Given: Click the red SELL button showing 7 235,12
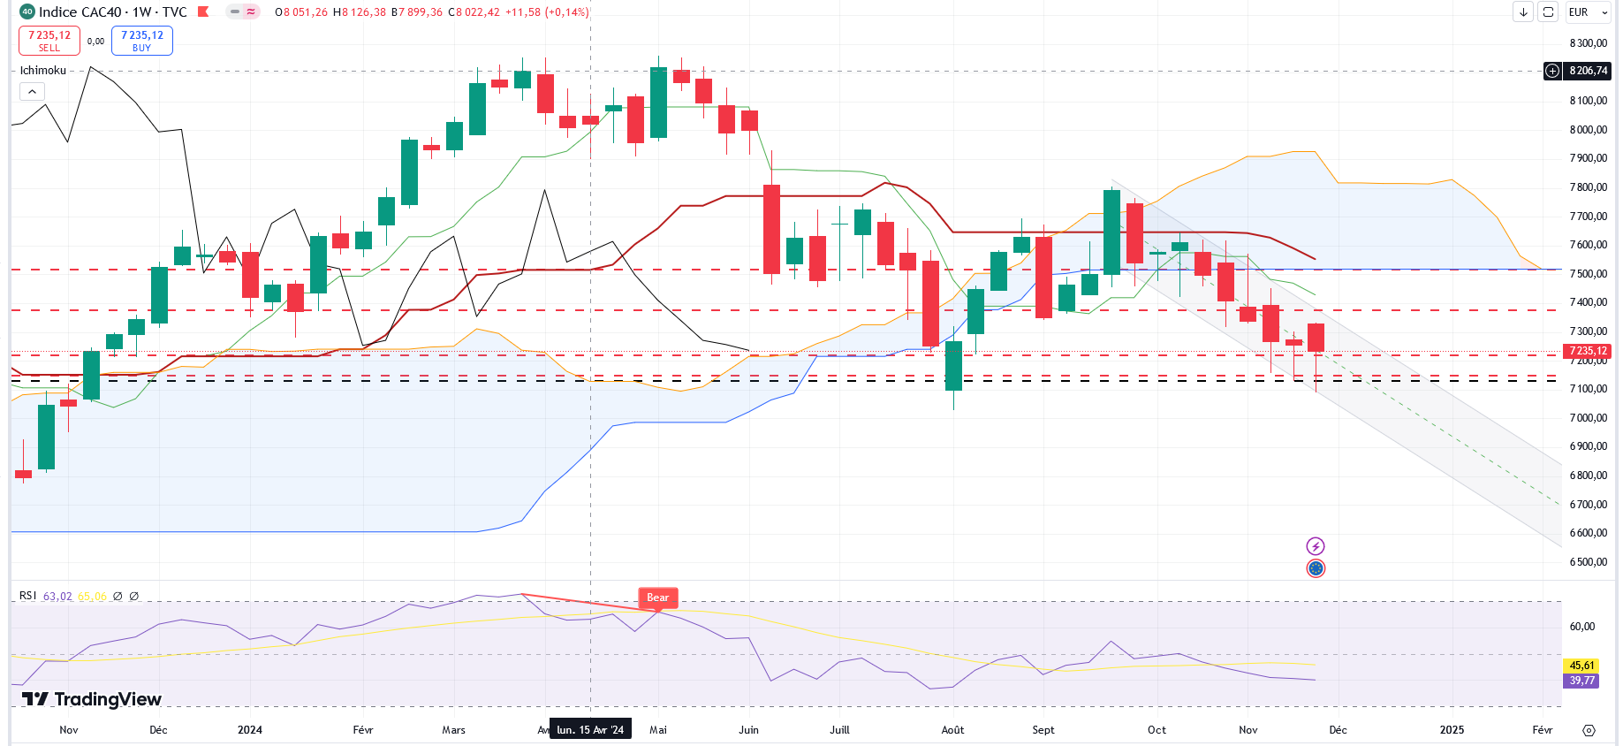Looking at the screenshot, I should click(49, 41).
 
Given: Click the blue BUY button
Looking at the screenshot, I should click(141, 41).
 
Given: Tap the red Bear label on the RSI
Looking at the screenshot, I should click(657, 598).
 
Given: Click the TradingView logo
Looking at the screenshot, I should click(92, 699).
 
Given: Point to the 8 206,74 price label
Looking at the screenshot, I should click(1588, 71).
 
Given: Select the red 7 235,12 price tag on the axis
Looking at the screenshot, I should click(1588, 351).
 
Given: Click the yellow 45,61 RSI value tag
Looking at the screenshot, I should click(1581, 666).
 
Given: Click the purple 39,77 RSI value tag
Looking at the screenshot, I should click(1581, 681).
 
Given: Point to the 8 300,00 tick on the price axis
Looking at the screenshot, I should click(1588, 43).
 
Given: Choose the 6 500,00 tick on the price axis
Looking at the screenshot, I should click(1588, 562).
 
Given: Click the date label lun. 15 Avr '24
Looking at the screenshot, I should click(590, 729).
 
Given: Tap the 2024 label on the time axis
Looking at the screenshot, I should click(250, 729).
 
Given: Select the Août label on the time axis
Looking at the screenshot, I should click(952, 729).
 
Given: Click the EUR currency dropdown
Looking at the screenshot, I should click(1588, 12).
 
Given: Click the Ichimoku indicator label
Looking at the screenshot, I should click(43, 71).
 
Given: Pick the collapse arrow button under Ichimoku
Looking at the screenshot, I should click(32, 91).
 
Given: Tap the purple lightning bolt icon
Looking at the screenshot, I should click(1316, 546).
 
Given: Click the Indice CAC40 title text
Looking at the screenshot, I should click(80, 12).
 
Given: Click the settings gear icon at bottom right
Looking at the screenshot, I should click(1589, 730).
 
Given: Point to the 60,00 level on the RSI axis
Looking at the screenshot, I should click(1581, 627).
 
